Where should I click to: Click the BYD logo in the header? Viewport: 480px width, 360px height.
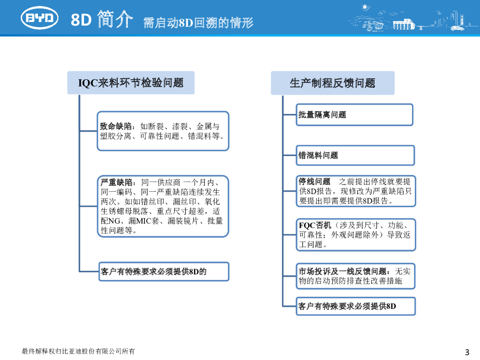click(x=40, y=18)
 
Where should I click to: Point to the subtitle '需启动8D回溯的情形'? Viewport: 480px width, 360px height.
click(x=198, y=22)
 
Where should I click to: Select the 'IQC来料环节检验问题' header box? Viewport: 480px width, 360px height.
click(x=131, y=83)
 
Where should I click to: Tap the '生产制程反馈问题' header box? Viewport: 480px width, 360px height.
click(x=332, y=83)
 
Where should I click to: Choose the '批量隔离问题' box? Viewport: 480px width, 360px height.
click(x=354, y=115)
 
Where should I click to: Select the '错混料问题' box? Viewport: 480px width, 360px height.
click(x=355, y=155)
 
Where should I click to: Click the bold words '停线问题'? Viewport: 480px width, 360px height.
click(x=315, y=181)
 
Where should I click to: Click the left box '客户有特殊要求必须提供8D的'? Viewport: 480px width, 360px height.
click(x=154, y=271)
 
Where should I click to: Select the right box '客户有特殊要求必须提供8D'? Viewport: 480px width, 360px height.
click(x=347, y=307)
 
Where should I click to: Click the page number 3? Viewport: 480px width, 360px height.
click(x=466, y=352)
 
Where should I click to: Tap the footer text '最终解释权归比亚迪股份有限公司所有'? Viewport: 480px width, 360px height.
click(x=78, y=351)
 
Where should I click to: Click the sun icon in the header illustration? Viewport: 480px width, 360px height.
click(x=365, y=8)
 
